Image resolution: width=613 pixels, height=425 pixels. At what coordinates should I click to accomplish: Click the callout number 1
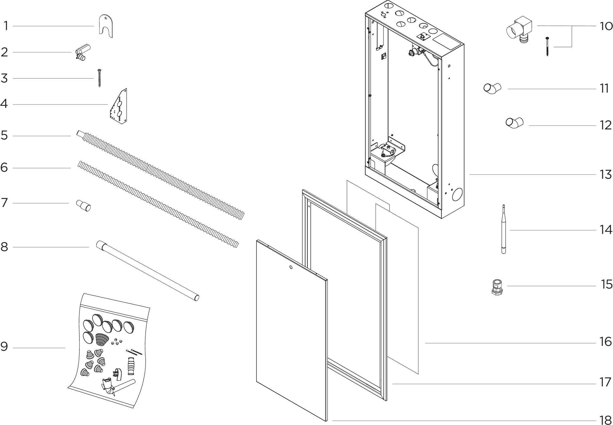pos(6,26)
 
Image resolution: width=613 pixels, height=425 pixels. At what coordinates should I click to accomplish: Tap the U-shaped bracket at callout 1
pos(106,26)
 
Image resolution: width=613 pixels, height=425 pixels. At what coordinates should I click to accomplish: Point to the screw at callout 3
pos(99,78)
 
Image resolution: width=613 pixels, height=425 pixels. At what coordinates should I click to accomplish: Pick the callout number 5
pos(4,135)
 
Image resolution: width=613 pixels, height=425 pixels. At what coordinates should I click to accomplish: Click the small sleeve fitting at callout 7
pos(84,206)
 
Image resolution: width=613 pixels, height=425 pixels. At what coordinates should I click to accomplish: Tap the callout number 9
pos(4,347)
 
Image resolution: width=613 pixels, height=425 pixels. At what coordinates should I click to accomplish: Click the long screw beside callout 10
pos(547,47)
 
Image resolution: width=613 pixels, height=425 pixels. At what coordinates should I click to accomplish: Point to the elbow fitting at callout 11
pos(492,88)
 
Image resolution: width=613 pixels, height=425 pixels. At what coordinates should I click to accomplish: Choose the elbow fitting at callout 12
pos(514,123)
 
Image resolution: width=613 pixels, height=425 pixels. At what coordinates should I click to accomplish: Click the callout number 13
pos(606,175)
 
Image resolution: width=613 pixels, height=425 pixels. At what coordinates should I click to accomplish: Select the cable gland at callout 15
pos(497,287)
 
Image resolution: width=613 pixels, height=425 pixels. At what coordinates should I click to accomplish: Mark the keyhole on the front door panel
pos(291,267)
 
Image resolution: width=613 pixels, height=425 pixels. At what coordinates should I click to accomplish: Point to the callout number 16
pos(606,342)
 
